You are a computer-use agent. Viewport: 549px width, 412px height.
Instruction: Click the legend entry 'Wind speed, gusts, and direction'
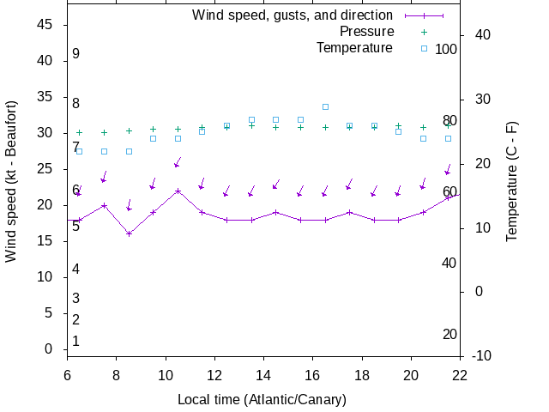click(292, 15)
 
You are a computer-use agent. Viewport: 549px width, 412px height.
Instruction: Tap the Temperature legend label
click(354, 47)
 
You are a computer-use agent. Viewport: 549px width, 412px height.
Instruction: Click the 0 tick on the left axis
click(50, 349)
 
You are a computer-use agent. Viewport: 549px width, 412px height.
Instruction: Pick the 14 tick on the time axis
click(263, 373)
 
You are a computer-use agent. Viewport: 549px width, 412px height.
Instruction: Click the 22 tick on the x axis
click(460, 373)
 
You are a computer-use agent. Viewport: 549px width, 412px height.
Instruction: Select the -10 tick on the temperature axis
click(481, 355)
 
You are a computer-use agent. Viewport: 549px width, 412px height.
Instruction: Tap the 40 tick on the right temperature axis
click(481, 35)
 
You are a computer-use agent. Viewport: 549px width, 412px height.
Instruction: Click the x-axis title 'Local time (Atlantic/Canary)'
click(262, 399)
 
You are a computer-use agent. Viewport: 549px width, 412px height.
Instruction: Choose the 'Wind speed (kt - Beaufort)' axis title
click(11, 181)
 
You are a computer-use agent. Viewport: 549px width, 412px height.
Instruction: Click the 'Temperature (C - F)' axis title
click(511, 181)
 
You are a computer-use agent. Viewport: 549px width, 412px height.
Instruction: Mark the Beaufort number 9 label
click(75, 54)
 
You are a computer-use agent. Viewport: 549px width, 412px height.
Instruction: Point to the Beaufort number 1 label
click(75, 341)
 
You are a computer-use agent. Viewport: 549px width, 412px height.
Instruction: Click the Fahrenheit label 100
click(446, 49)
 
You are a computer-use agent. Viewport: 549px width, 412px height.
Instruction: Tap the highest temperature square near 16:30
click(325, 106)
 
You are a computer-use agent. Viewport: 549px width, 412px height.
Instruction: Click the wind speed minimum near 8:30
click(129, 233)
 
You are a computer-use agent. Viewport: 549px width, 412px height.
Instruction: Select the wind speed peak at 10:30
click(178, 191)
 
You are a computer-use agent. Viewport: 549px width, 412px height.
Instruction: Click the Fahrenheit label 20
click(449, 334)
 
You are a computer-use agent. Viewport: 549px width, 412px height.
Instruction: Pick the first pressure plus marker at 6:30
click(80, 132)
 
